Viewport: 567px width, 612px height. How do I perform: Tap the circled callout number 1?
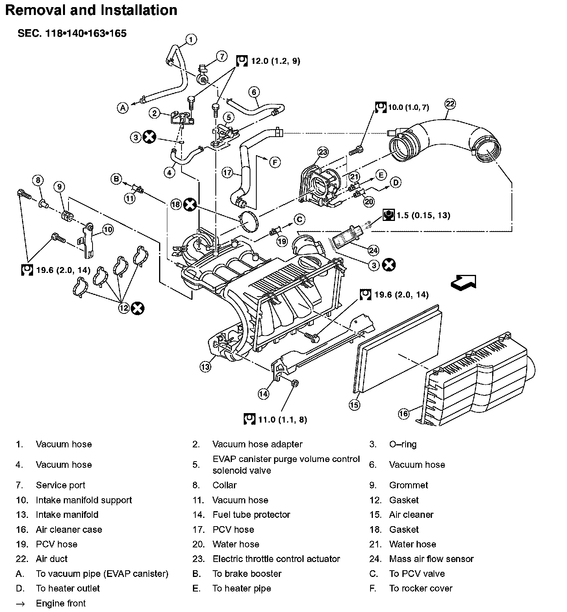coord(191,39)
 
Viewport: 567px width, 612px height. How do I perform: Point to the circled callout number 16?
coord(404,414)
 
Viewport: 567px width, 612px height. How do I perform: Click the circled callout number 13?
coord(205,367)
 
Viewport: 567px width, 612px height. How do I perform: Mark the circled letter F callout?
coord(275,161)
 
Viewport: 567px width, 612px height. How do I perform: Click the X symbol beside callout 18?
coord(191,204)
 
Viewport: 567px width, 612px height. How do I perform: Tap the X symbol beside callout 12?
coord(138,308)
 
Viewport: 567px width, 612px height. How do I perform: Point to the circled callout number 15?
coord(355,404)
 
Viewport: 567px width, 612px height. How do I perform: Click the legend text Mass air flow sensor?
coord(431,559)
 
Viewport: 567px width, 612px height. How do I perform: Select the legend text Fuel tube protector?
coord(251,515)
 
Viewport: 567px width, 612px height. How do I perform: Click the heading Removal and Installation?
coord(91,10)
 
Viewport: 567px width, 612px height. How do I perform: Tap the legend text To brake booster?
coord(247,574)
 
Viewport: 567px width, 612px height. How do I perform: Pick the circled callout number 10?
coord(108,229)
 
